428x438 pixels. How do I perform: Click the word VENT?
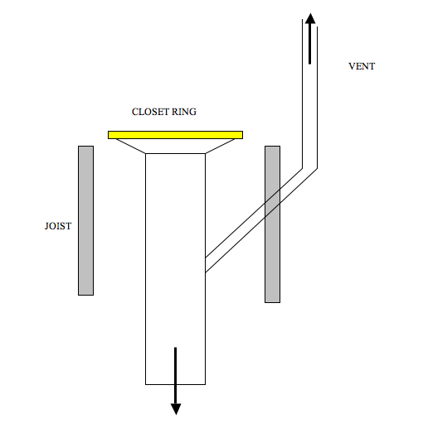pos(362,66)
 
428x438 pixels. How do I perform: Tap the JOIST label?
pos(58,226)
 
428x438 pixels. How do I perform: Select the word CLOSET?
pos(150,112)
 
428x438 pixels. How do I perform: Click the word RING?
pos(184,112)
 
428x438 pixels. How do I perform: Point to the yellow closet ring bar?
pos(176,135)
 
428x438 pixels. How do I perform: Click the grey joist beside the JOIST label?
pos(85,220)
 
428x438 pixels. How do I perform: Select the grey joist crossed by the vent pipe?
pos(272,224)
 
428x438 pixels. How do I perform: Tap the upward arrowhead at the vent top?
pos(310,18)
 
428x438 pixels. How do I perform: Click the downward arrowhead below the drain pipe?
pos(176,409)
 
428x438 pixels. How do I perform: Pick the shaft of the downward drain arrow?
pos(176,375)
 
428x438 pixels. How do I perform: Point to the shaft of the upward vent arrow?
pos(310,44)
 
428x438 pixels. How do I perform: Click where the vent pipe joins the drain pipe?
pos(206,264)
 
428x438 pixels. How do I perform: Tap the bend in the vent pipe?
pos(310,168)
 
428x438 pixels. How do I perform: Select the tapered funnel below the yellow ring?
pos(176,146)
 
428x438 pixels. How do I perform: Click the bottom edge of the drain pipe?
pos(176,384)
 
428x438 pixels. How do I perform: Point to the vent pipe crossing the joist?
pos(272,203)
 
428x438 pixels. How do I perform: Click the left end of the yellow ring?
pos(109,135)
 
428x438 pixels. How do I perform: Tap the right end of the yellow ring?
pos(242,135)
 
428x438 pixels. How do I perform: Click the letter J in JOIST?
pos(46,226)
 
